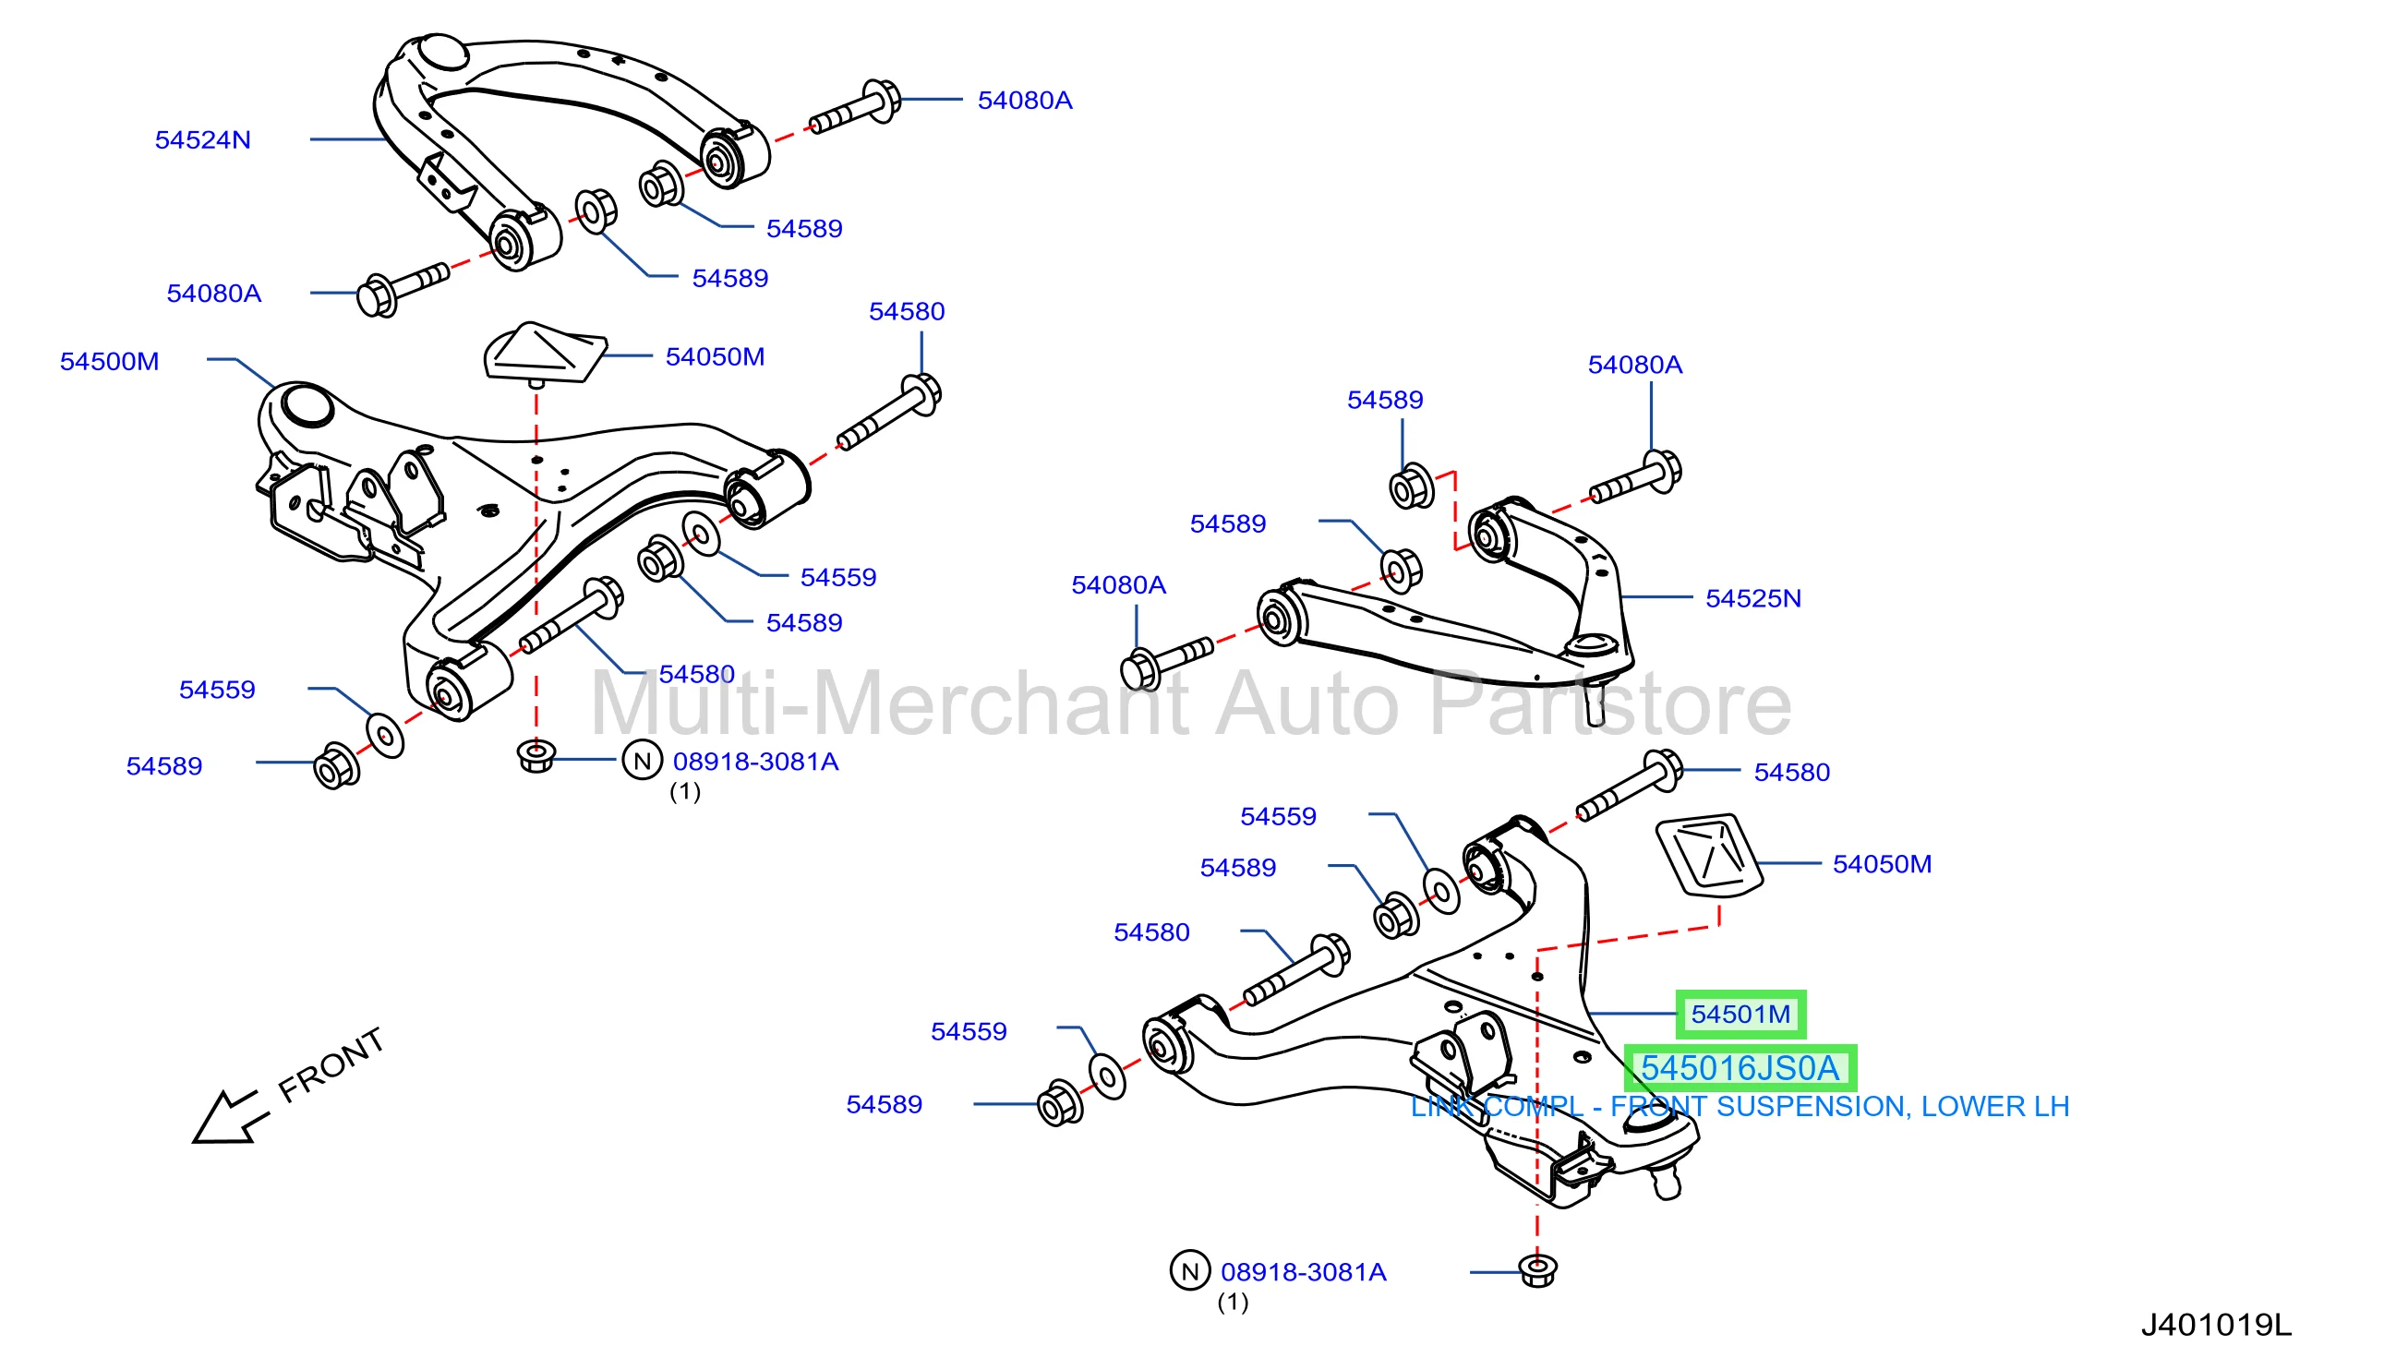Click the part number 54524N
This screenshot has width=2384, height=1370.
202,140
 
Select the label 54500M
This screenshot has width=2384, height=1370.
109,361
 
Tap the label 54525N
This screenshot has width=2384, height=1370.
1752,598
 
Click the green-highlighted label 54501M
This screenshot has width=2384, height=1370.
1740,1015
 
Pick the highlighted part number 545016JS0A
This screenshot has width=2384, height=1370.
1740,1068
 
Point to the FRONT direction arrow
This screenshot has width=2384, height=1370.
231,1118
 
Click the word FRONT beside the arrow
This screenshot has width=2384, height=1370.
331,1065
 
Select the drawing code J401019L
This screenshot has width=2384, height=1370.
2217,1325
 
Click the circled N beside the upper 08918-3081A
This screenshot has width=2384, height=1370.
643,762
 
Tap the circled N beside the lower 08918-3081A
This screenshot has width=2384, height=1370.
1189,1271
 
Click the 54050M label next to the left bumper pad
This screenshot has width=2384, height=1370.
715,356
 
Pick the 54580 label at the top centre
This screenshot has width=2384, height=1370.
906,311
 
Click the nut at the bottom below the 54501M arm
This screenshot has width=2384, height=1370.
1538,1271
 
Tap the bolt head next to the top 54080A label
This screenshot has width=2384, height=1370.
884,101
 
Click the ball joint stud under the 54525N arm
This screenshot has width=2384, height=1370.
1595,702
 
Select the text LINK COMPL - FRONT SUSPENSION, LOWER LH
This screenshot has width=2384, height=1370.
1740,1107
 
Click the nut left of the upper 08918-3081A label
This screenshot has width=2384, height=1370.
536,756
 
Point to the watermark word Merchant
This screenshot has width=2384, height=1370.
1000,703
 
